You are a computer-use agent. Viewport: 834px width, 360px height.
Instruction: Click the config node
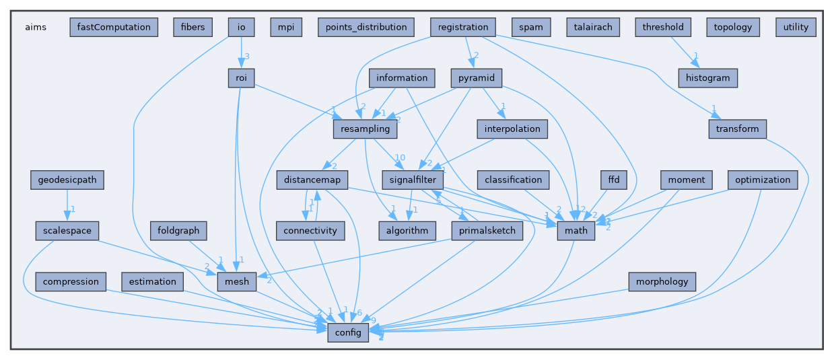coord(348,332)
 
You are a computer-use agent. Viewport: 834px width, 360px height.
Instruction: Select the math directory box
coord(576,231)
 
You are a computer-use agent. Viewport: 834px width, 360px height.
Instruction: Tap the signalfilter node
coord(413,180)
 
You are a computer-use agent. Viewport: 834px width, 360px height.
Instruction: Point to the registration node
coord(462,28)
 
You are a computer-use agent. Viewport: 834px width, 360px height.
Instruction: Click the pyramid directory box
coord(477,78)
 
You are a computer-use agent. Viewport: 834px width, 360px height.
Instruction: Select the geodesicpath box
coord(67,180)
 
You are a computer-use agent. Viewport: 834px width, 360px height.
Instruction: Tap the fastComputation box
coord(114,28)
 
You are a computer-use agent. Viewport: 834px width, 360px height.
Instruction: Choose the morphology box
coord(661,281)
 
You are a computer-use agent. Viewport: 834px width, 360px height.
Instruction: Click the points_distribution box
coord(366,28)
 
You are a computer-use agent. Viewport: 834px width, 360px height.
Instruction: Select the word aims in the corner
coord(36,28)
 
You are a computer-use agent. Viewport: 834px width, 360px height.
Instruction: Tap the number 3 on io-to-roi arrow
coord(248,56)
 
